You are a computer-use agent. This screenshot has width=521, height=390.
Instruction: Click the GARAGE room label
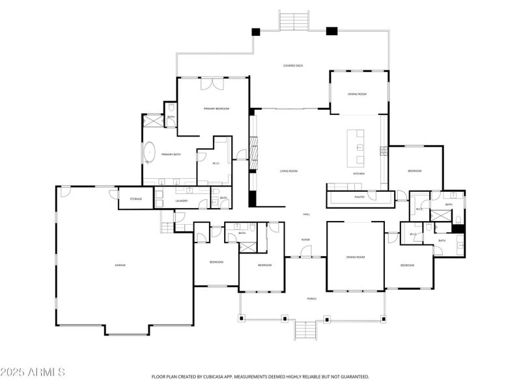pos(120,265)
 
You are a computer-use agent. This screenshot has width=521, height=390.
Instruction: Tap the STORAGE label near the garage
pos(135,199)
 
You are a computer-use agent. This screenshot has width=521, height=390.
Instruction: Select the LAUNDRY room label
pos(182,201)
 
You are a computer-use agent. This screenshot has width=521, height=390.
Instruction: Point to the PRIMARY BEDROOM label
pos(216,109)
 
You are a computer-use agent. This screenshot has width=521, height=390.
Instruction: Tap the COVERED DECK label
pos(293,66)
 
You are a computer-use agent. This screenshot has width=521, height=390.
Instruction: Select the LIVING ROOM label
pos(289,171)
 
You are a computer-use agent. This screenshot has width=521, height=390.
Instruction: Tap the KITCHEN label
pos(359,174)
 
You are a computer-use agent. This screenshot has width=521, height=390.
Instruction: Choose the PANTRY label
pos(359,196)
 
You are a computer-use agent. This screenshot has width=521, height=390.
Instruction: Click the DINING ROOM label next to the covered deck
pos(357,94)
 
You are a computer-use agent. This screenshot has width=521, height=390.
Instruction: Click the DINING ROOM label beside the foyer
pos(356,257)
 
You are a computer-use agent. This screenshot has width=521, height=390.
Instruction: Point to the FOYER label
pos(305,240)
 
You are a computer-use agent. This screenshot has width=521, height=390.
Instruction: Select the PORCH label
pos(312,299)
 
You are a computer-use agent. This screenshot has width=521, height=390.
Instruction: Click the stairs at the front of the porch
pos(305,330)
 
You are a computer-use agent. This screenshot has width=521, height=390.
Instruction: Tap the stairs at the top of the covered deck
pos(294,20)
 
